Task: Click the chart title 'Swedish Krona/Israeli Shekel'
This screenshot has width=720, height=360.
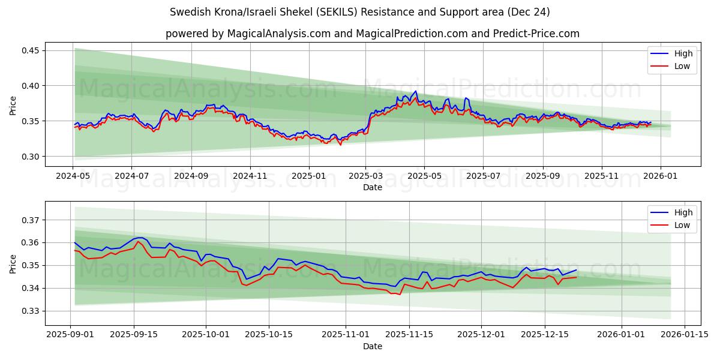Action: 359,12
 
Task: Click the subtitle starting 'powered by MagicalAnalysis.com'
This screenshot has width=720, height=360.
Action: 372,34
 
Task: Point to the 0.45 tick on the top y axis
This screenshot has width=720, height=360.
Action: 29,50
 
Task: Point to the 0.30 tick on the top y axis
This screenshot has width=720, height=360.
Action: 29,157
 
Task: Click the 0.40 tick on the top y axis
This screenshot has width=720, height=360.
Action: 29,86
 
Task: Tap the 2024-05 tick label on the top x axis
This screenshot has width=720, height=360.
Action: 73,176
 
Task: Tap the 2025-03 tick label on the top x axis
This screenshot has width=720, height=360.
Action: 365,176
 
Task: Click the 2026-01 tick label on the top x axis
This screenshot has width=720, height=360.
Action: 660,176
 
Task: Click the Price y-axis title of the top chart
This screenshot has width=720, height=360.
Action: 13,105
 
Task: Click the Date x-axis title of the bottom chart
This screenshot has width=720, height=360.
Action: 372,346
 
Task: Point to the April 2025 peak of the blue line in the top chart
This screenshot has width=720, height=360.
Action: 415,91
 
